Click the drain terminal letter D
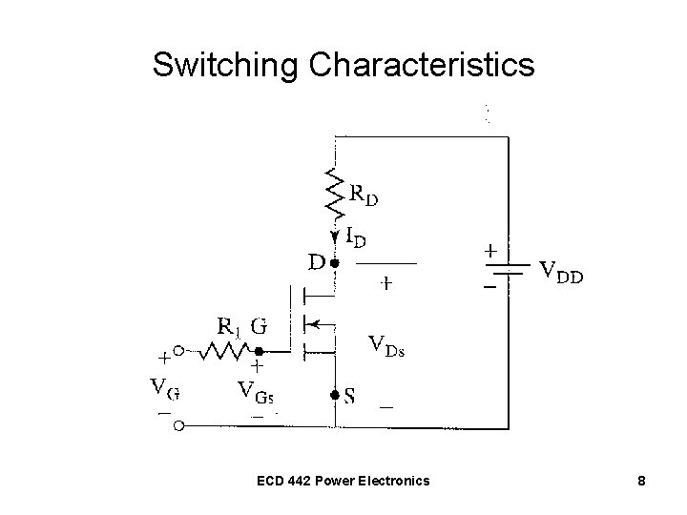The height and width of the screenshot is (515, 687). point(315,259)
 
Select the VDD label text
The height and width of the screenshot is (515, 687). point(563,275)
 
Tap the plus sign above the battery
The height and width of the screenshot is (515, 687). point(490,252)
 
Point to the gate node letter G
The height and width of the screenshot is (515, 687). point(259,326)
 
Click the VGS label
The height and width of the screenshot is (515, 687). point(259,391)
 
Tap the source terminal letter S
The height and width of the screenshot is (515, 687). point(350,397)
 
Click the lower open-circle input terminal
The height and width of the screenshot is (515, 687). point(178,425)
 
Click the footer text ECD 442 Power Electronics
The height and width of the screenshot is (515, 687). point(343,481)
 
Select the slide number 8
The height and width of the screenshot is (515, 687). point(641,481)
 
